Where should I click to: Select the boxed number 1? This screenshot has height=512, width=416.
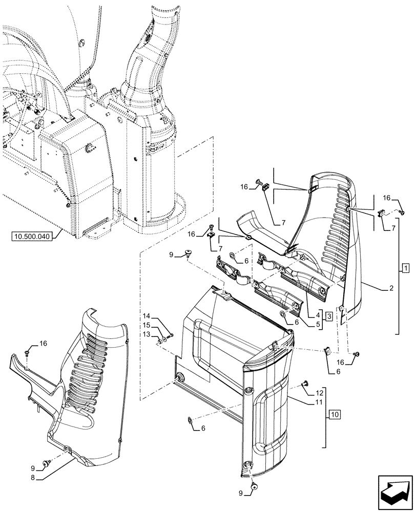coord(405,268)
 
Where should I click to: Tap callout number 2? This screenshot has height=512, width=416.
coord(391,289)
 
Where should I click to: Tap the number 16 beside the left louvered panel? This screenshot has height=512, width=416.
coord(43,344)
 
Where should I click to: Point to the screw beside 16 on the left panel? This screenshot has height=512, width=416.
coord(27,353)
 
